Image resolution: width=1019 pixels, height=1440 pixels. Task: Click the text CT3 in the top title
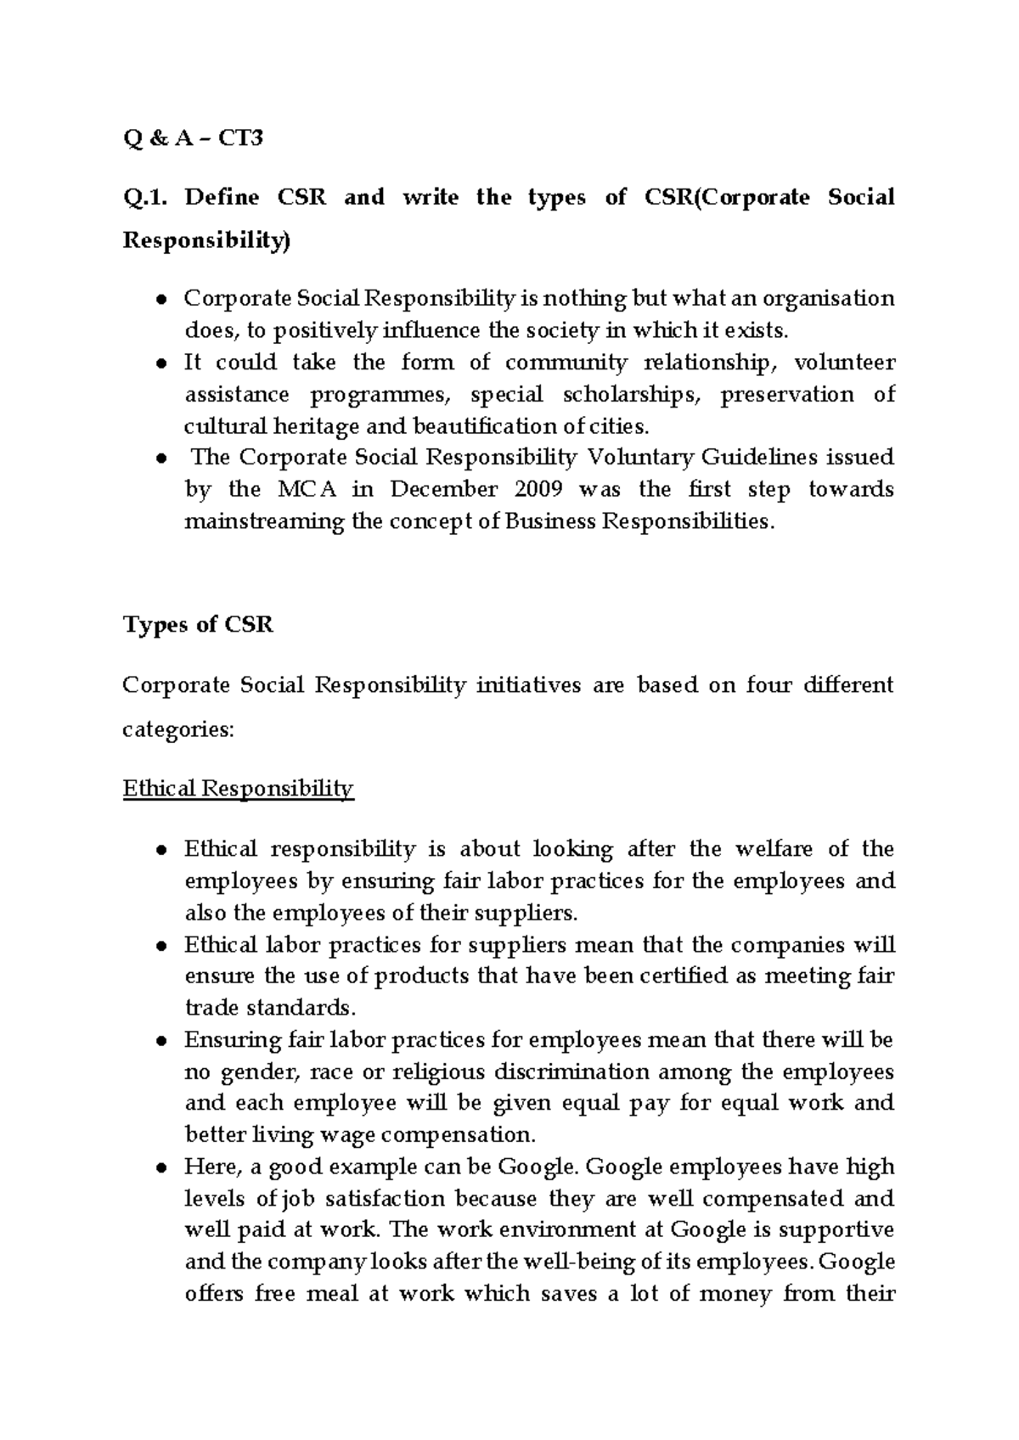[x=241, y=138]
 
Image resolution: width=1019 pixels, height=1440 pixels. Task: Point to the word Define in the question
[x=222, y=198]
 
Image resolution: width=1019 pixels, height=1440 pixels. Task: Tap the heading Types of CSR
[x=198, y=625]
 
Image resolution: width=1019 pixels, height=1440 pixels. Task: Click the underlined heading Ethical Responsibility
[x=238, y=789]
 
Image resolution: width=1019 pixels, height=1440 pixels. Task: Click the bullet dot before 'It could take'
[x=160, y=364]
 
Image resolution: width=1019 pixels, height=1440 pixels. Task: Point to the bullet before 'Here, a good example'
[x=160, y=1168]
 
